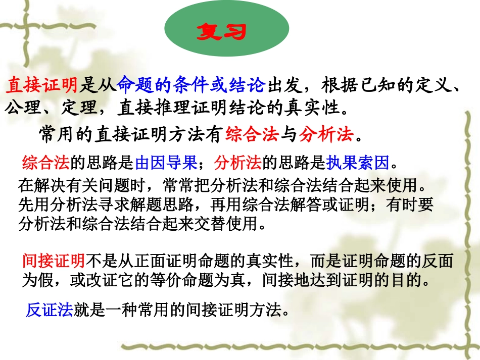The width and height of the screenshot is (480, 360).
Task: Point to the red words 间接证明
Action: [54, 261]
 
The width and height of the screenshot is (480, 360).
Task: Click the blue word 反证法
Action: [50, 309]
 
